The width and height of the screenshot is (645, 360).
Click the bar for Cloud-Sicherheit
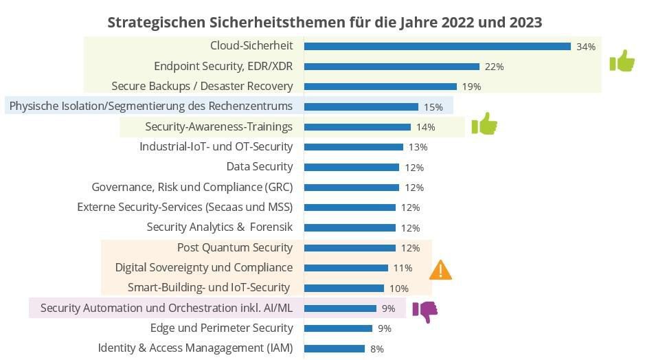click(x=437, y=46)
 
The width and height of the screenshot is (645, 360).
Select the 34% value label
click(x=585, y=47)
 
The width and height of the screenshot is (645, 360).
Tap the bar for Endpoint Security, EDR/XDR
click(x=392, y=67)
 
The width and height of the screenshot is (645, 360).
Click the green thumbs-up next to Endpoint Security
click(x=622, y=61)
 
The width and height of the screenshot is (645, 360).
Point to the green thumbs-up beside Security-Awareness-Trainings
click(x=484, y=124)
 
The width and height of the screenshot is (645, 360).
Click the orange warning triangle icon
click(x=440, y=270)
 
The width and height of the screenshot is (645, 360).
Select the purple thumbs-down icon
click(x=425, y=311)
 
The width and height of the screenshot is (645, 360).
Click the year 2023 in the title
click(x=525, y=22)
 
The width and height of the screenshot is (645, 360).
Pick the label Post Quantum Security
click(x=235, y=247)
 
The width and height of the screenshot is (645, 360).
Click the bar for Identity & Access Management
click(x=335, y=348)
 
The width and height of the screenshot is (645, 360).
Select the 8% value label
click(x=376, y=349)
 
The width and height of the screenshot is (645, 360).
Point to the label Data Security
click(x=260, y=166)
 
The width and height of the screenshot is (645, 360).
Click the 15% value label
click(x=433, y=107)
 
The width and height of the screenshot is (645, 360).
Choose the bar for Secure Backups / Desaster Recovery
click(x=380, y=87)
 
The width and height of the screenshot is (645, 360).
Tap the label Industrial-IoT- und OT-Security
click(x=216, y=146)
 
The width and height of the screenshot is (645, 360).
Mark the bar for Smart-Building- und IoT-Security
click(x=343, y=288)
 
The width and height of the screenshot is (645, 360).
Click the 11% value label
click(x=403, y=268)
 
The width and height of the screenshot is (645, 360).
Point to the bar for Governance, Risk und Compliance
click(x=351, y=187)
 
